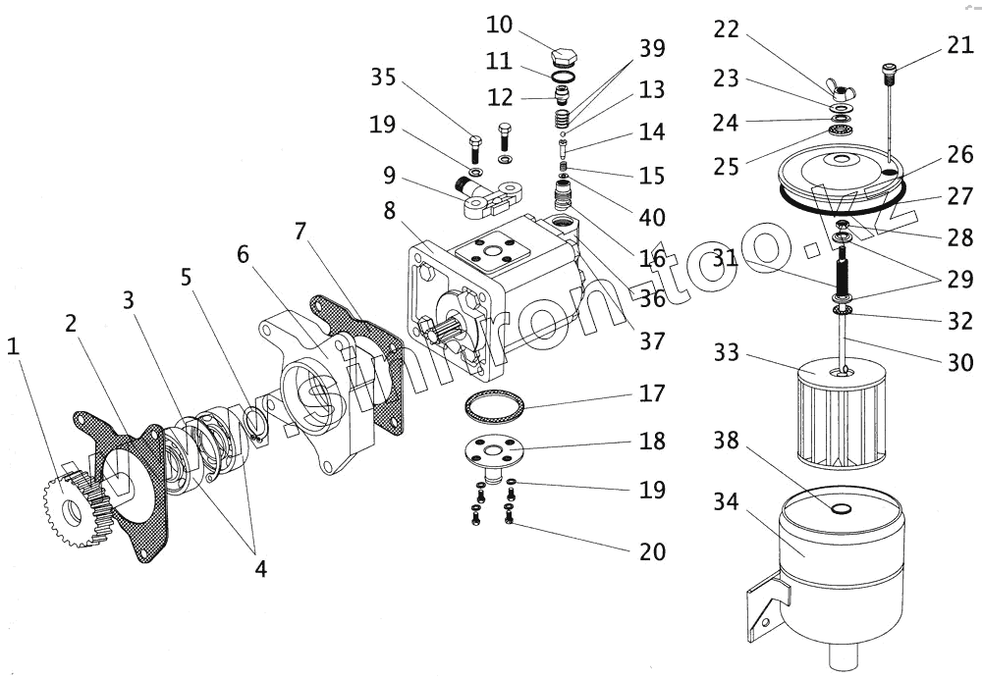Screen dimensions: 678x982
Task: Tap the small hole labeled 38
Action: point(840,509)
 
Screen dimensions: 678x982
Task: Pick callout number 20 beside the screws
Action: point(652,552)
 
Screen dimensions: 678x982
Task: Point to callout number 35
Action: point(384,78)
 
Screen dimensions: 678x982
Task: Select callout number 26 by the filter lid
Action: point(960,154)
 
